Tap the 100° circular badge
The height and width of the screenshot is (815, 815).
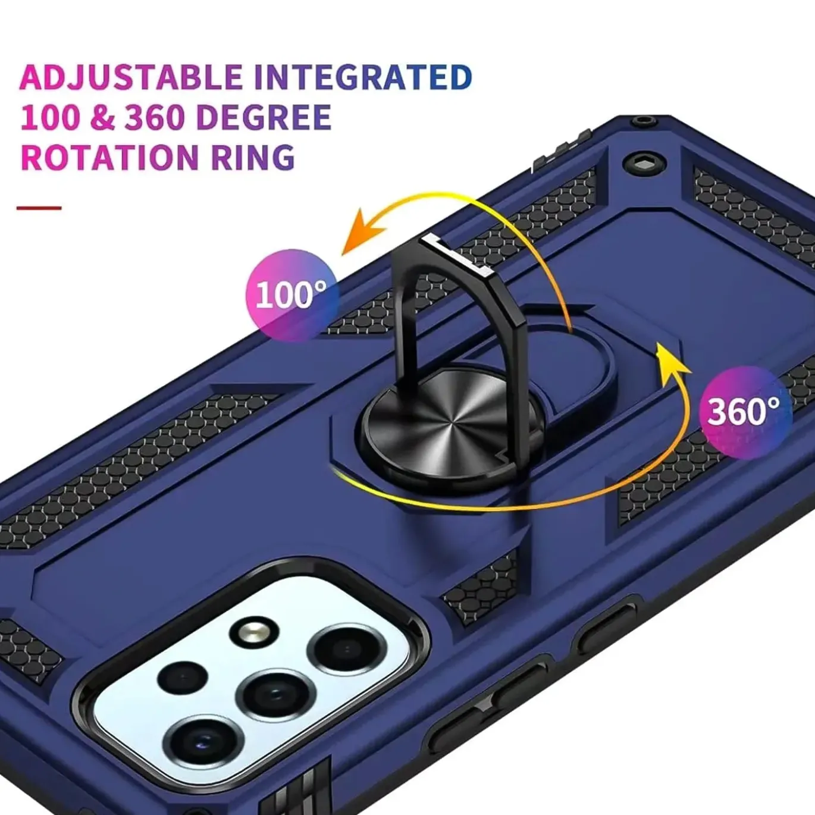pos(292,295)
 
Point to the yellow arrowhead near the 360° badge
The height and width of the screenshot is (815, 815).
pos(672,359)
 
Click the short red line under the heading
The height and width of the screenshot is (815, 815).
pos(39,208)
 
